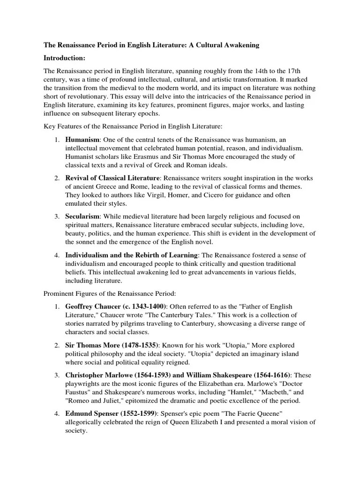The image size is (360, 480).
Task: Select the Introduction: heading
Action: click(64, 58)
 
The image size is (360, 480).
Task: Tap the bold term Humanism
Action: click(82, 139)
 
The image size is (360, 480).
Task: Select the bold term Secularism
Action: click(82, 217)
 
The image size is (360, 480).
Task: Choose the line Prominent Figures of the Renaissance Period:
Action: click(110, 293)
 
